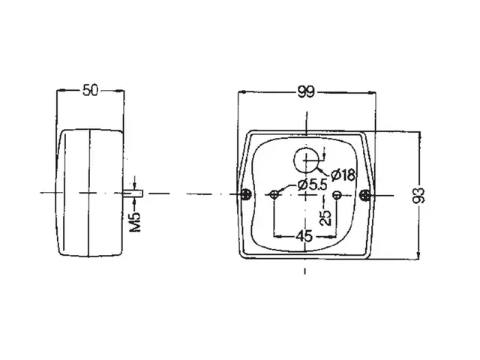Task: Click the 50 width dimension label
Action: pos(91,90)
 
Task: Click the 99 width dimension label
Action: pos(305,91)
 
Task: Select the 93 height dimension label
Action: pos(418,196)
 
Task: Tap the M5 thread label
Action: pos(135,221)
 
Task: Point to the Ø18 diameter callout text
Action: pos(343,175)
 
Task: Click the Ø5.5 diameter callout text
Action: pos(312,185)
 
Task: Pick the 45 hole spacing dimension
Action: pos(304,236)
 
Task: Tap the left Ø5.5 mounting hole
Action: pos(274,194)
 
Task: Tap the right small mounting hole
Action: pos(337,194)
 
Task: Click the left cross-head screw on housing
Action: pos(246,194)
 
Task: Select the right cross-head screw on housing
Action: pos(366,195)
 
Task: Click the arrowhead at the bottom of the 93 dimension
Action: pos(419,255)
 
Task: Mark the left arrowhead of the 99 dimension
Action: pos(242,91)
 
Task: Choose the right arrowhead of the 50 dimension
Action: pos(120,90)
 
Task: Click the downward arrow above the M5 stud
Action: pos(134,185)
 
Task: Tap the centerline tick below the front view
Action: pos(305,271)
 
